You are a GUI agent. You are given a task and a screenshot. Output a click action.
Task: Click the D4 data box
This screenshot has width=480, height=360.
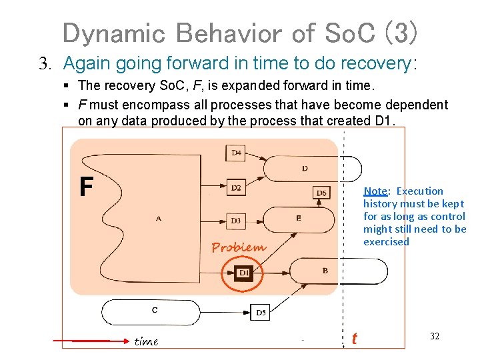point(236,153)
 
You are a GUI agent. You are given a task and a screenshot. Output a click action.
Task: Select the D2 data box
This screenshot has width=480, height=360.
point(236,187)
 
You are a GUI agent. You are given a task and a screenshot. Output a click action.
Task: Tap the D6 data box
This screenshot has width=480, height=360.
point(321,193)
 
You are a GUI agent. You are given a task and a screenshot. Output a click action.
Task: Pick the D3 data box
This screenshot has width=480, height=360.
point(236,220)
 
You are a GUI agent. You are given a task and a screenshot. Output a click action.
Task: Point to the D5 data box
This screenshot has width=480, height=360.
point(261,312)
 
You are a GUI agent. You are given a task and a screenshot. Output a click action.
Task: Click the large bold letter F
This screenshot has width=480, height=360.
point(86,187)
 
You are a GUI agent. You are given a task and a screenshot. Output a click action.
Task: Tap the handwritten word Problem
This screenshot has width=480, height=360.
point(238,247)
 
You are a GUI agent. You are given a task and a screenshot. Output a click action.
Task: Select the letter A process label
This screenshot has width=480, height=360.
point(158,218)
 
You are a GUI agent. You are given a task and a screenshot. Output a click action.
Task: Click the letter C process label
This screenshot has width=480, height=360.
point(155,309)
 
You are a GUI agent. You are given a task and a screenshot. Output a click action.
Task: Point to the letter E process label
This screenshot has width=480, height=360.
point(298,217)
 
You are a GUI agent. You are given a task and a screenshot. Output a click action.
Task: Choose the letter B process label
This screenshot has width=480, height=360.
point(325,271)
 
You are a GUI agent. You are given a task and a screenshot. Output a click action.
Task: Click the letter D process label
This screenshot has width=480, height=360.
point(305,168)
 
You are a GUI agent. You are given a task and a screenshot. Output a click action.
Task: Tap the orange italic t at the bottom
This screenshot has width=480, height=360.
point(354,339)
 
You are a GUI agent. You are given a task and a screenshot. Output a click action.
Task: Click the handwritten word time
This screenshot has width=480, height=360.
point(146,341)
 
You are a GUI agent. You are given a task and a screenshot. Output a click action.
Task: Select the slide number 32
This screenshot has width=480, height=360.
point(435,336)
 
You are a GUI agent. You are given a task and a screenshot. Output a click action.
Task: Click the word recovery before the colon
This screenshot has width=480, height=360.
point(376,63)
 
